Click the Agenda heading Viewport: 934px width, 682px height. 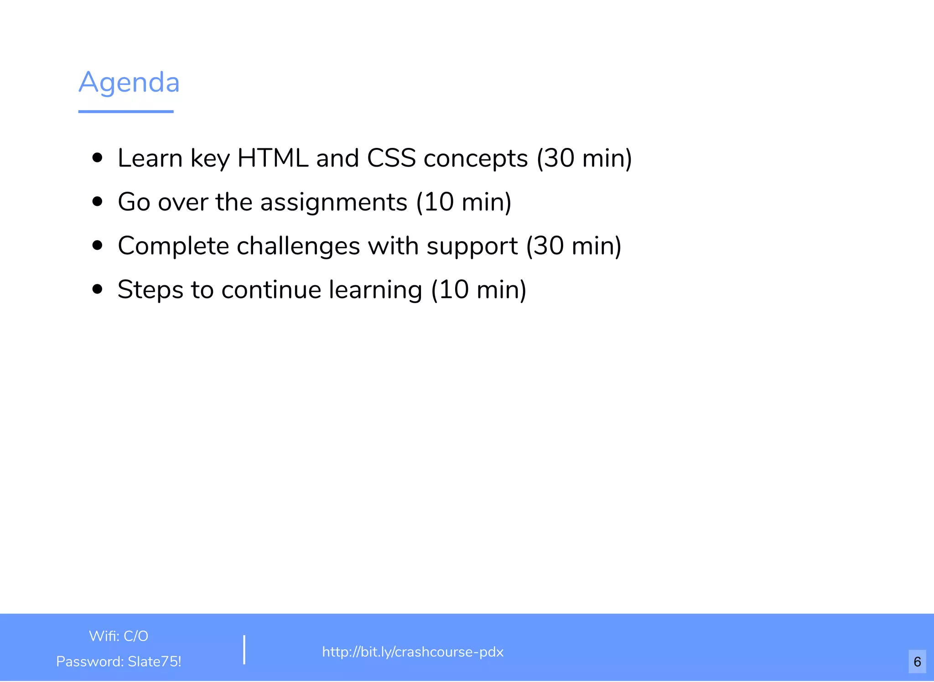(x=129, y=82)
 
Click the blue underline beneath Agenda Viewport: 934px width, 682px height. (x=126, y=111)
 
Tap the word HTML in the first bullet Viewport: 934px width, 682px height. (x=273, y=158)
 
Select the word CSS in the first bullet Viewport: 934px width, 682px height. (x=391, y=158)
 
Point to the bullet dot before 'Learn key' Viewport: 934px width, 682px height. (x=97, y=158)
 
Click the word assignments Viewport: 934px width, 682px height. (x=333, y=202)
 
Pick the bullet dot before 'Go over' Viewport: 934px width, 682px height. (x=97, y=202)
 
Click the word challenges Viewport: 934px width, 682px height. (x=298, y=246)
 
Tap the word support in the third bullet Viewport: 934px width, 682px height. (x=472, y=247)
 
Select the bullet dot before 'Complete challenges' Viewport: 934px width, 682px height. (x=97, y=246)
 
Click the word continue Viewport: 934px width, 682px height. (x=271, y=290)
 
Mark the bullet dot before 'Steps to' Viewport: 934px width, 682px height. (x=97, y=289)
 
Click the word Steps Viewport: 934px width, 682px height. (x=150, y=290)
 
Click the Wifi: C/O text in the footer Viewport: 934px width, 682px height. (x=119, y=636)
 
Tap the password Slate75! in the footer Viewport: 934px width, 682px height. (x=154, y=661)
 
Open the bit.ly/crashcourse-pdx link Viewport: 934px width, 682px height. (x=413, y=652)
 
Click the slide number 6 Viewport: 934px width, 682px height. (x=917, y=661)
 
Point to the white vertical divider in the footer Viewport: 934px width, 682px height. (x=244, y=649)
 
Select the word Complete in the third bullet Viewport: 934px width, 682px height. (x=173, y=246)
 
